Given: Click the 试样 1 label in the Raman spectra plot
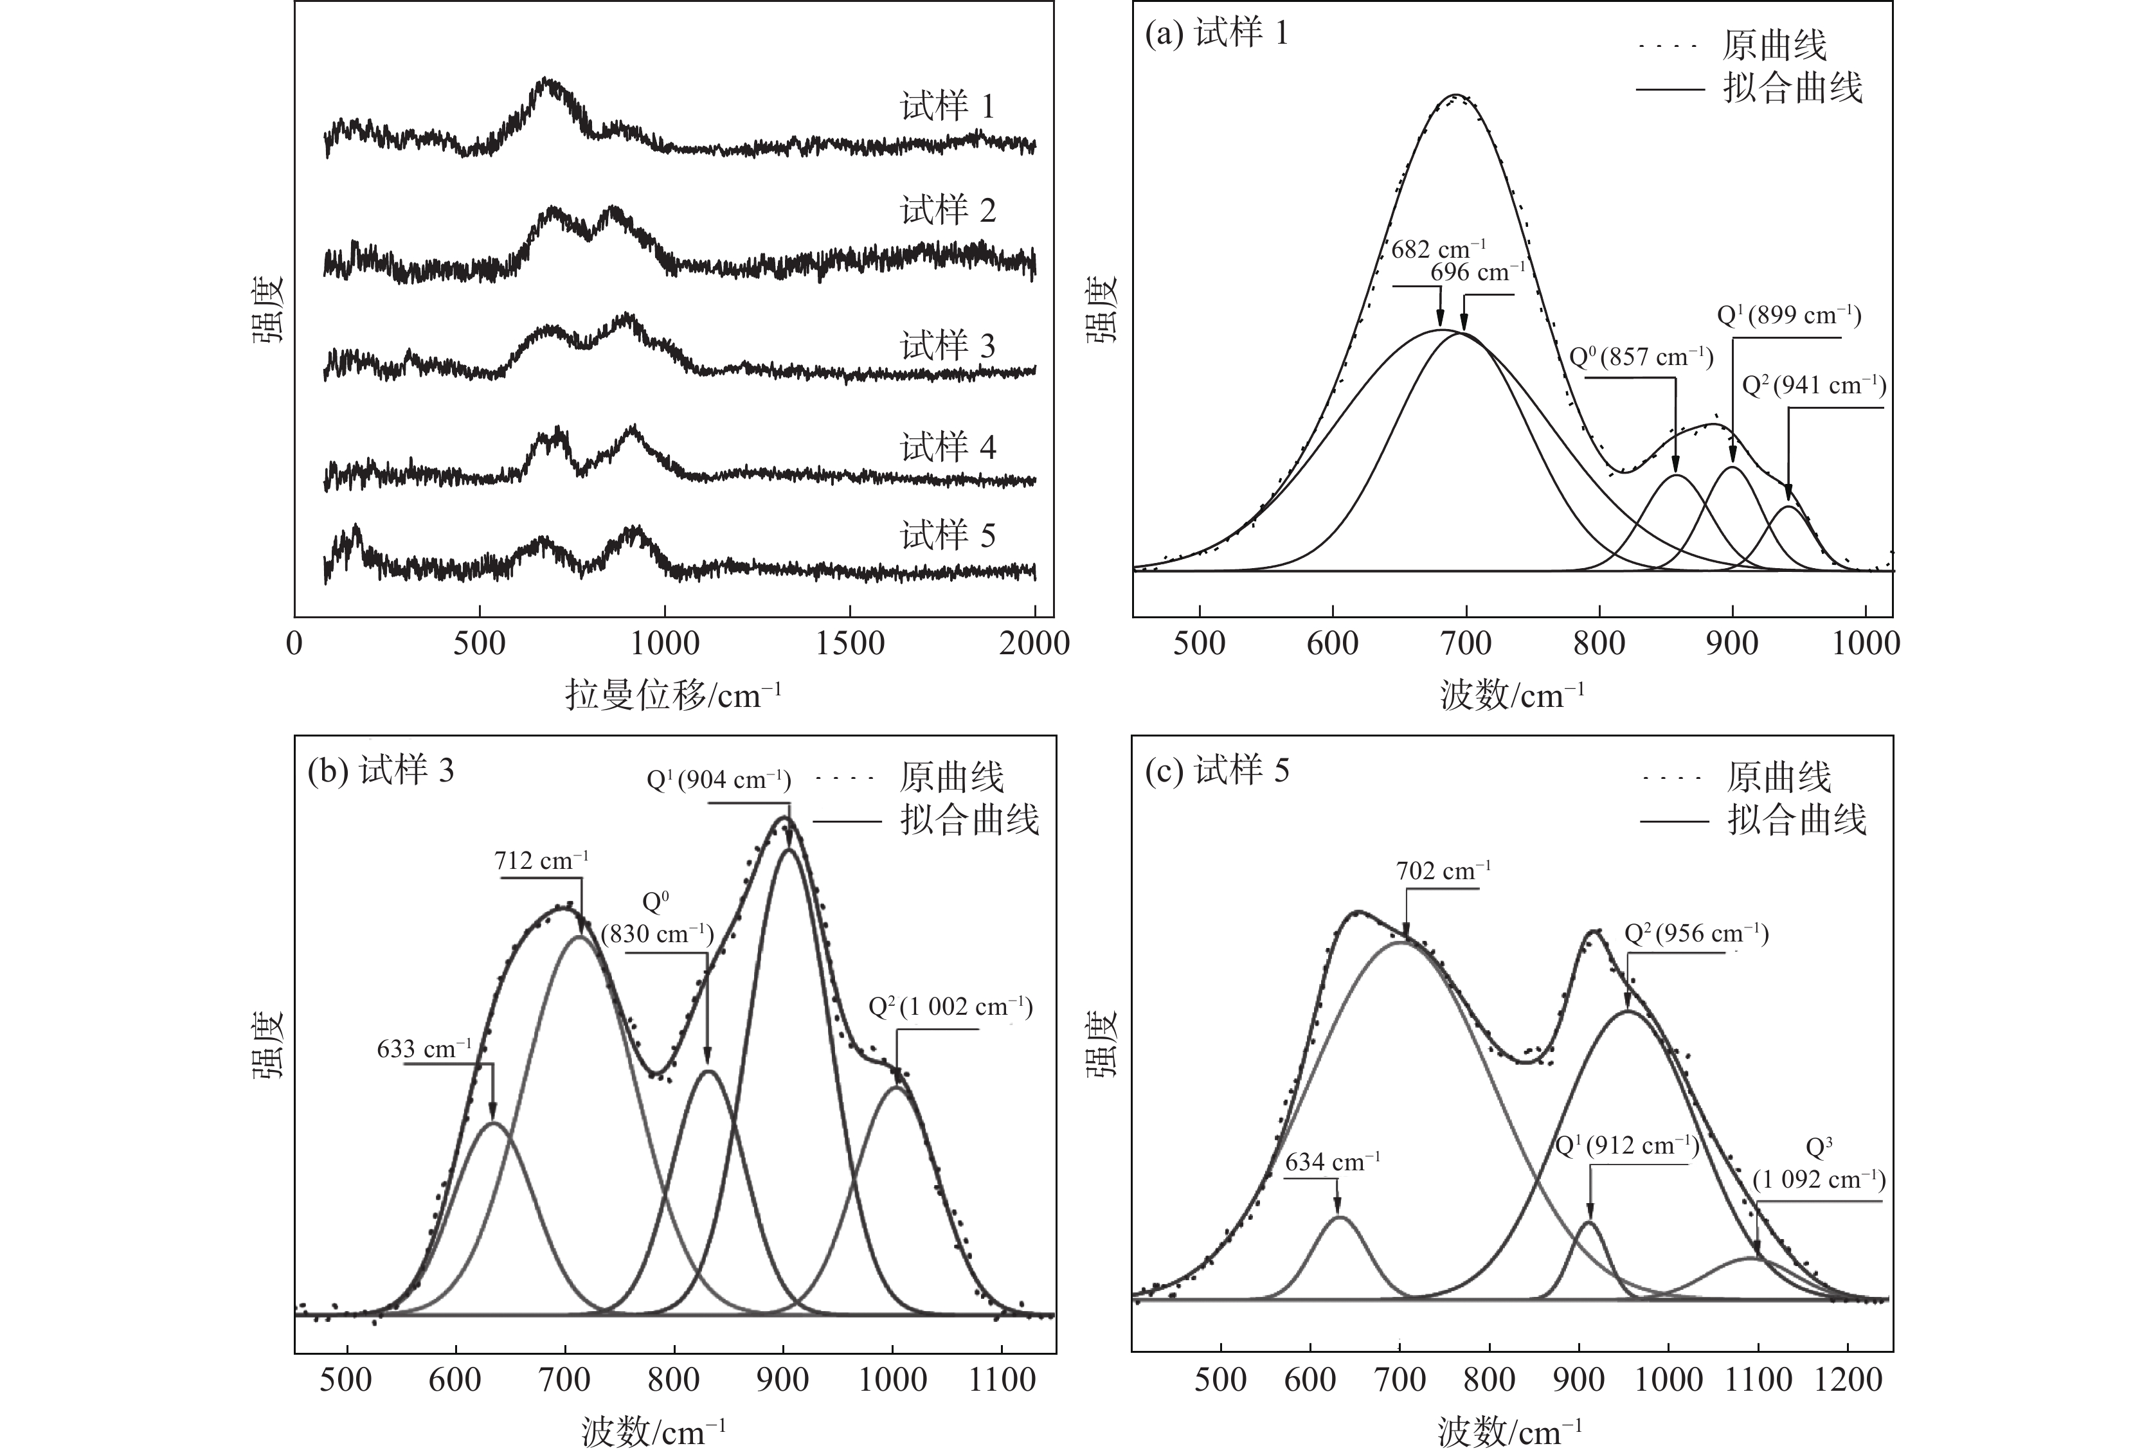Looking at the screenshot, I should (948, 107).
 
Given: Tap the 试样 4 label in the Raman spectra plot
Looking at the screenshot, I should (948, 448).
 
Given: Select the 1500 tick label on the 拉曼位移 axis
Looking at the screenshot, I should (850, 644).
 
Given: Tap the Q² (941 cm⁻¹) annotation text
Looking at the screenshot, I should (1813, 385).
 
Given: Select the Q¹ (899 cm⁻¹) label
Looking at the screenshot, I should (1788, 316).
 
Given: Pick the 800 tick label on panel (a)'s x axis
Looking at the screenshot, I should (1598, 644).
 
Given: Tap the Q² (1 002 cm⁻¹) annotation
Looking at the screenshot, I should (951, 1007).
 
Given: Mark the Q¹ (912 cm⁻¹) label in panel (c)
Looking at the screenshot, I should (1627, 1147).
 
